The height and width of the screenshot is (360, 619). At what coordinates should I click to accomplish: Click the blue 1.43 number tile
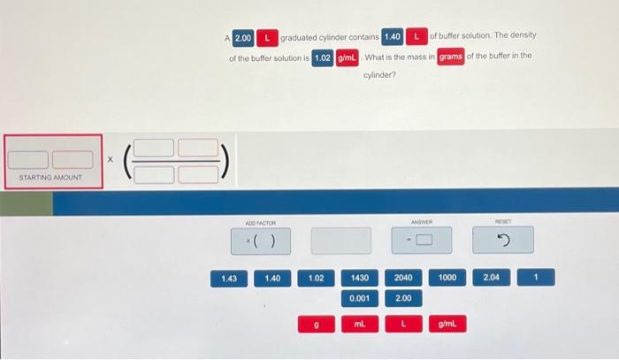pos(229,279)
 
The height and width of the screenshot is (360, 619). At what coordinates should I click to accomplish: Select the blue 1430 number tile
pos(360,278)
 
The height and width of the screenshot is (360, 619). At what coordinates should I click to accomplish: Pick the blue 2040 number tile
pos(403,278)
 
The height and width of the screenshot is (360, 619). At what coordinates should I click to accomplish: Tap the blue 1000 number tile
pos(447,278)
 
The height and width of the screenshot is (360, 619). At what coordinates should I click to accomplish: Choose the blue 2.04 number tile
pos(491,277)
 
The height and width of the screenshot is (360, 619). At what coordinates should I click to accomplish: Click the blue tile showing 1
pos(536,277)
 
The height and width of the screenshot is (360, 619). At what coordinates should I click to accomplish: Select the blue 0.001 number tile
pos(360,298)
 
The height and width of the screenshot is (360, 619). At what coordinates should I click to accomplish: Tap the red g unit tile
pos(317,325)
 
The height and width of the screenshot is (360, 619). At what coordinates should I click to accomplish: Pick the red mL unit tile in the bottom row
pos(360,324)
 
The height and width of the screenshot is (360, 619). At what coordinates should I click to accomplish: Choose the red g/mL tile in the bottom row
pos(447,324)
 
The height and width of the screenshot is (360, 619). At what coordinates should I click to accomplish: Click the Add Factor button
pos(261,241)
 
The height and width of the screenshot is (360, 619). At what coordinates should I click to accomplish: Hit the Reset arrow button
pos(503,240)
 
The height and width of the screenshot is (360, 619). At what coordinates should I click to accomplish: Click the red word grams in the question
pos(451,57)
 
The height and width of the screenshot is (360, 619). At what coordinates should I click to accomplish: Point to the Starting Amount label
pos(50,178)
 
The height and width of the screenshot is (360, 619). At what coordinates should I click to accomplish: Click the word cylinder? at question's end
pos(379,75)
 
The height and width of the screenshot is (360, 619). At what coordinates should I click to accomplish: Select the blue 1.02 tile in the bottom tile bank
pos(317,279)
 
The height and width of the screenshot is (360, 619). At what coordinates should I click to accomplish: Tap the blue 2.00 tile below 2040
pos(403,298)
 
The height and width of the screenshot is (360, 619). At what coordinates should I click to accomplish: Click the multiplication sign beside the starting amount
pos(111,159)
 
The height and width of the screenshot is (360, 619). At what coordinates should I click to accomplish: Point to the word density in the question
pos(523,35)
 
